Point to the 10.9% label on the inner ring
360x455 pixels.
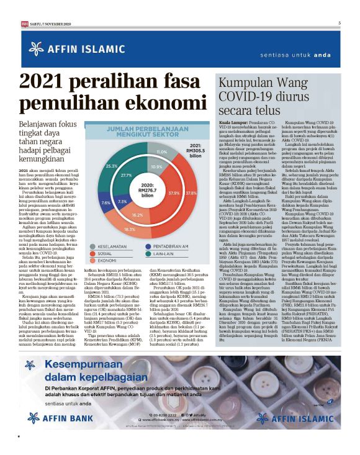pyautogui.click(x=157, y=168)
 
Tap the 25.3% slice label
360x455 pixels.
pyautogui.click(x=112, y=166)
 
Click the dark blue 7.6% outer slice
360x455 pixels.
pyautogui.click(x=106, y=203)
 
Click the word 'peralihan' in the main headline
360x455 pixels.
pyautogui.click(x=124, y=81)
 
